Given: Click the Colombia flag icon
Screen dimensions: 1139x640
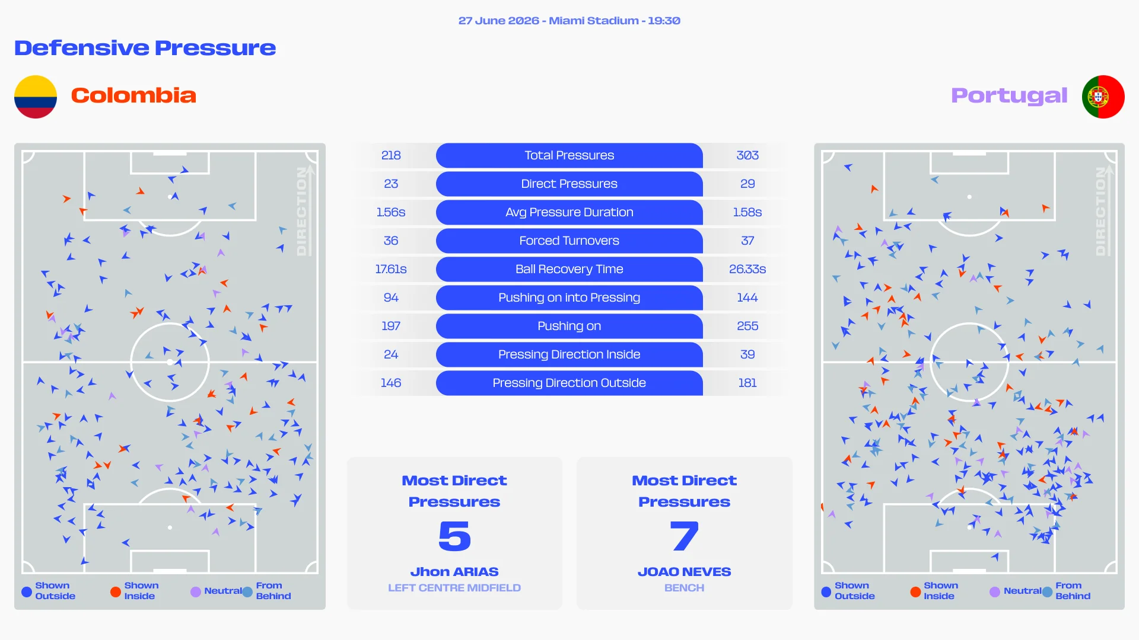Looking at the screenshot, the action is click(x=36, y=97).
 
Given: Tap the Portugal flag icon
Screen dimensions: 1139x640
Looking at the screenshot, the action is click(x=1103, y=97).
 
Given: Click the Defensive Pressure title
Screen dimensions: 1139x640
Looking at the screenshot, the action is click(x=145, y=48).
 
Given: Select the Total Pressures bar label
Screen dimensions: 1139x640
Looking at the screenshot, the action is click(x=569, y=155).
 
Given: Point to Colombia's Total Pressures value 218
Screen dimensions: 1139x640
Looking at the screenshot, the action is click(x=391, y=155).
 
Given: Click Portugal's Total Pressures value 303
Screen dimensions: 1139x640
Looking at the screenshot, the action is click(x=747, y=155).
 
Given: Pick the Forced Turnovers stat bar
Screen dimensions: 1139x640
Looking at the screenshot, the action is click(x=569, y=241).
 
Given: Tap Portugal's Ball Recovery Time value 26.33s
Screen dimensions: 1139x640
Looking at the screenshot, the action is click(x=747, y=269).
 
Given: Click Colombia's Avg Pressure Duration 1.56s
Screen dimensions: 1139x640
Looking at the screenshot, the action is click(x=391, y=212).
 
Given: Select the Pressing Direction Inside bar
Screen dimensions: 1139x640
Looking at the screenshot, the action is click(x=569, y=354).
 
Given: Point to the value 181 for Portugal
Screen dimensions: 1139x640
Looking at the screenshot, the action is click(x=747, y=383).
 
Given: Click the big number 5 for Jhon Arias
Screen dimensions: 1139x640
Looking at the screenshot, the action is click(x=454, y=536).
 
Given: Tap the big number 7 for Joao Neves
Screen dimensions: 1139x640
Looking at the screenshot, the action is click(x=684, y=536).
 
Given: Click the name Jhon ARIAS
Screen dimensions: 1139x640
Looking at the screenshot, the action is click(x=454, y=572).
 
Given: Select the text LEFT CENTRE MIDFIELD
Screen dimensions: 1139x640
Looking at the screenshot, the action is click(x=454, y=588).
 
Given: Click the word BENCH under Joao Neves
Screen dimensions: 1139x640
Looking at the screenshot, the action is click(x=684, y=588).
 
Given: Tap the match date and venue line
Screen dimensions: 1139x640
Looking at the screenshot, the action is click(x=569, y=21).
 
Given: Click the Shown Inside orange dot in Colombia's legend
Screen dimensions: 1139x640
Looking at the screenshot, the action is click(x=116, y=591).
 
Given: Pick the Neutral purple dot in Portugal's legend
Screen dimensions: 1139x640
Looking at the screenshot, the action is click(x=995, y=591).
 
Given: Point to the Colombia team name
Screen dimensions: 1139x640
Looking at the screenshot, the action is click(x=133, y=95).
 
